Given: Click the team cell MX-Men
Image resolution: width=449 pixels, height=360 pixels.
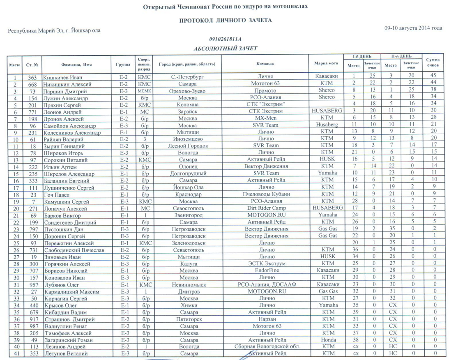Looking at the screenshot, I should point(265,118).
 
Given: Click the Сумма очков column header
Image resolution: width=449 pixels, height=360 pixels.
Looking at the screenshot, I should point(433,63).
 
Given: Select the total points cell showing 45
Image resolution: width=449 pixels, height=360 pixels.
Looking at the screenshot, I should point(433,77).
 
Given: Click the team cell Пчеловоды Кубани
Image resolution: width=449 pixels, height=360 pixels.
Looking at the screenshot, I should point(265,194).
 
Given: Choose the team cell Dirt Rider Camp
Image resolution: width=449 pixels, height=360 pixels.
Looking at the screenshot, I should point(265,208).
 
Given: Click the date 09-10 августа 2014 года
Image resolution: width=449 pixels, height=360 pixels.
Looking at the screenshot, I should point(413,28).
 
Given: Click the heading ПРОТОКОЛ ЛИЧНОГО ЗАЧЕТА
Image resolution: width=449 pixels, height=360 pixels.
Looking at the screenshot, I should point(225,20).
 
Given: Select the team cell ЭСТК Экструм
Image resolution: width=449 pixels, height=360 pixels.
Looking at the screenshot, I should point(265,264).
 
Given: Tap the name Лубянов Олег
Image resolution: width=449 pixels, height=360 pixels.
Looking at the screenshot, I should point(60,284).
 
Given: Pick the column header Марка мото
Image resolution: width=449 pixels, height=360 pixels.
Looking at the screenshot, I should point(326,64).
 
